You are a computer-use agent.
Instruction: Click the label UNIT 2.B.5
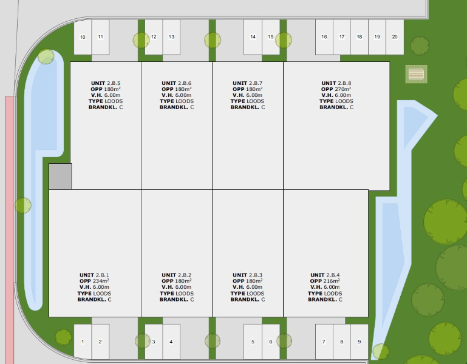tap(106, 83)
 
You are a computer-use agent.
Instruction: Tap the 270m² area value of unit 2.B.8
tap(343, 89)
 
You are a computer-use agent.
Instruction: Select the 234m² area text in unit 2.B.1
tap(100, 281)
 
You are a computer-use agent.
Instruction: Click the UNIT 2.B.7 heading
tap(248, 83)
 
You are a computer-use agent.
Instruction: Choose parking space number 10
tap(83, 37)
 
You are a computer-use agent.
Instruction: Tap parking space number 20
tap(395, 37)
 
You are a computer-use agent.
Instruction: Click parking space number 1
tap(83, 342)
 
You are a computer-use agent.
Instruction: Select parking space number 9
tap(360, 342)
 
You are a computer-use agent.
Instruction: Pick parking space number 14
tap(253, 37)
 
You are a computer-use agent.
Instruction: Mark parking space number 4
tap(171, 342)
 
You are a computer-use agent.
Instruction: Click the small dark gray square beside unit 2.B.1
tap(60, 177)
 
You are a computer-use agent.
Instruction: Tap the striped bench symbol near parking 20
tap(417, 75)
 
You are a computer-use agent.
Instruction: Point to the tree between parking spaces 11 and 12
tap(141, 41)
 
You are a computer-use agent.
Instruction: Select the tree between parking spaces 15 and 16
tap(284, 41)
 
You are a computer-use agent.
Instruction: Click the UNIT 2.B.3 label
tap(248, 275)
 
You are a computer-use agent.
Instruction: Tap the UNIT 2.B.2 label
tap(177, 275)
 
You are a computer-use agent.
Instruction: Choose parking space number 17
tap(342, 37)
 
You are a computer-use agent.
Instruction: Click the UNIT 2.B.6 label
tap(177, 83)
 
